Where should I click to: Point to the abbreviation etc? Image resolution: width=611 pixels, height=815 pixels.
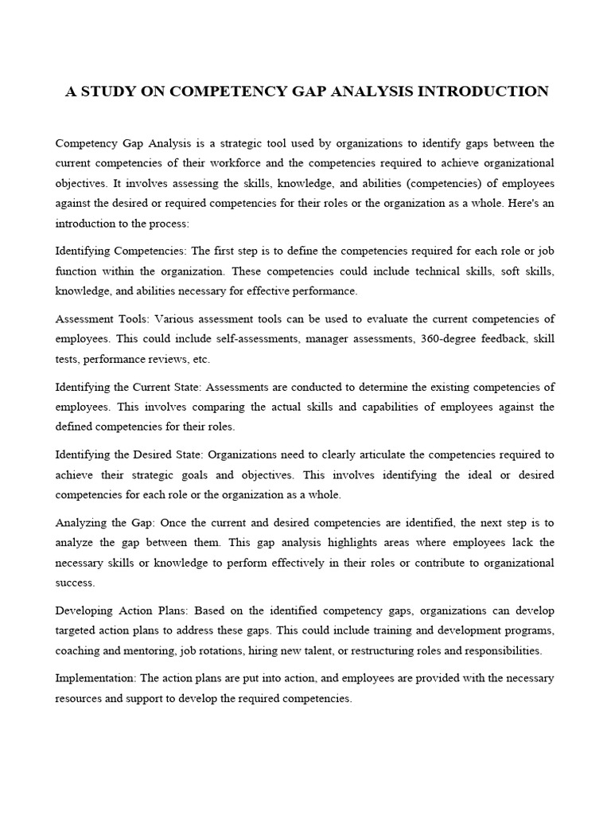point(200,359)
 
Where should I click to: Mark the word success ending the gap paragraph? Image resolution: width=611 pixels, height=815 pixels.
point(74,583)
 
